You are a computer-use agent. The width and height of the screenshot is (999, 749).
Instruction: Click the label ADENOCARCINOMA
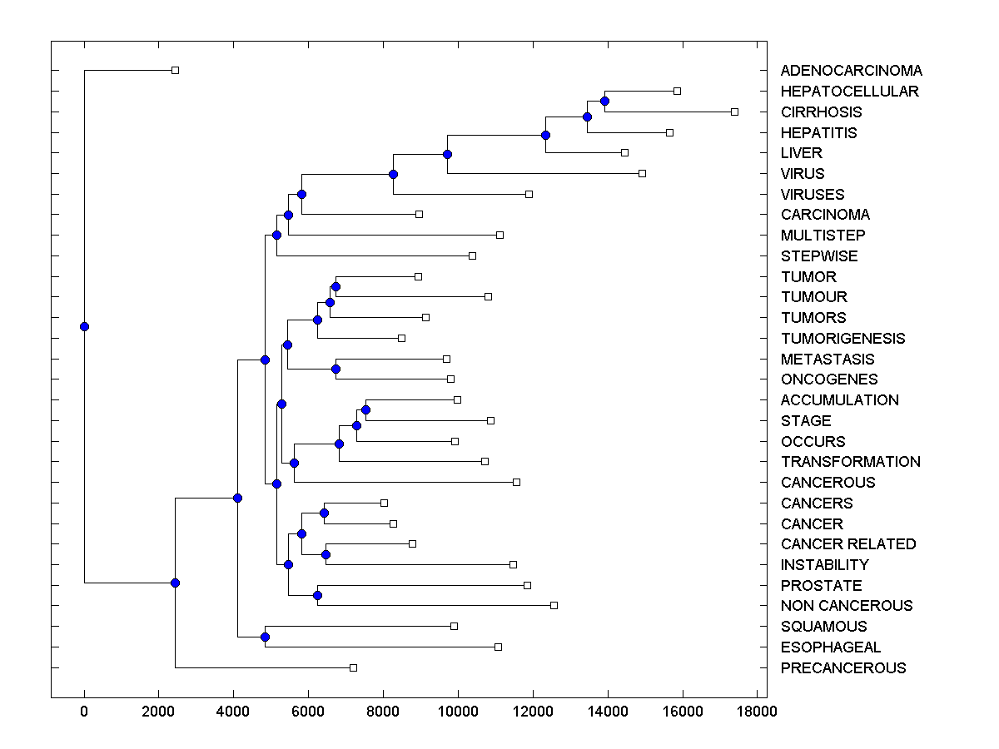point(851,71)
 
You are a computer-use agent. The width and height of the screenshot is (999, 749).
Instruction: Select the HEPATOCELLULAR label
point(849,92)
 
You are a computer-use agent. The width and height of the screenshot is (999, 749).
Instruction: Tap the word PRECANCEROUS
point(843,667)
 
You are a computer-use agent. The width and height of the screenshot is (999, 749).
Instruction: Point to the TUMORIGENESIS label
point(842,338)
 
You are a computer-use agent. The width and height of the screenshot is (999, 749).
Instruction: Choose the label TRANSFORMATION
point(850,462)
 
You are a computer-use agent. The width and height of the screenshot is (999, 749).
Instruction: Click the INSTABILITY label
point(824,565)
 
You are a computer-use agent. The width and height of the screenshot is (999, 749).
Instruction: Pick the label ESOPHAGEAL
point(830,647)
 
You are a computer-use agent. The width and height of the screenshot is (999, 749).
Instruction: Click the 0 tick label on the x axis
point(84,711)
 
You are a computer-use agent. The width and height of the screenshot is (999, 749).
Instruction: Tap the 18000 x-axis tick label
point(757,711)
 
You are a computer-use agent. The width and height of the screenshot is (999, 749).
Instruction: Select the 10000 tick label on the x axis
point(458,711)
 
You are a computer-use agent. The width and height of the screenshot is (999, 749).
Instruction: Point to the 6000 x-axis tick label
point(308,711)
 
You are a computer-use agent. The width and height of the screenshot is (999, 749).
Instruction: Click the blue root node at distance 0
point(84,326)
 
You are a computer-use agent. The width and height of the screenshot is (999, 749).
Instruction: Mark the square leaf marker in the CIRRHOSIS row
point(734,112)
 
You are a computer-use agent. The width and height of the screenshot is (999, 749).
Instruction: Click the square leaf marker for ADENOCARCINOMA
point(175,70)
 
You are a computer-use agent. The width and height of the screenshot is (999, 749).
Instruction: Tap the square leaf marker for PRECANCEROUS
point(353,667)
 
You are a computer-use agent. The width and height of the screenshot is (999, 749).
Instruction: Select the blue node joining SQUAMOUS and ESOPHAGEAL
point(265,637)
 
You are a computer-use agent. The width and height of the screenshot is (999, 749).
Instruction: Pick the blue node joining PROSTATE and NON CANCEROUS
point(317,595)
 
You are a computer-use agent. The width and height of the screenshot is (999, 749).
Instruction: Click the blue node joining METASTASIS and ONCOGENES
point(335,369)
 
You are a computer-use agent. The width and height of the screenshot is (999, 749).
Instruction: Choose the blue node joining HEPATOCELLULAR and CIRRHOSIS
point(604,102)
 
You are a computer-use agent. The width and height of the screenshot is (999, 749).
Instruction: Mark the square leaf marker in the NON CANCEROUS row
point(554,605)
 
